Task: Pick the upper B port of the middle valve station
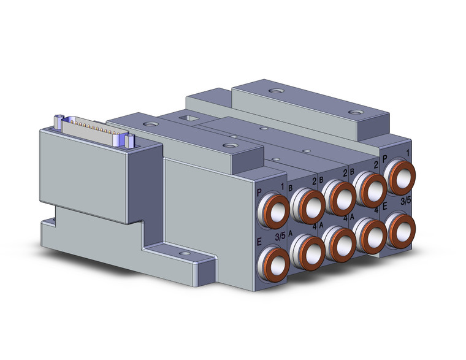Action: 339,195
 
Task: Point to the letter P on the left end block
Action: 258,194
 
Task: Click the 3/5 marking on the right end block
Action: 406,201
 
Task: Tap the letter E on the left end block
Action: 258,242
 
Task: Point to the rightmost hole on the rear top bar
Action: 354,112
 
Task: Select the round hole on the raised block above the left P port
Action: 230,145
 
